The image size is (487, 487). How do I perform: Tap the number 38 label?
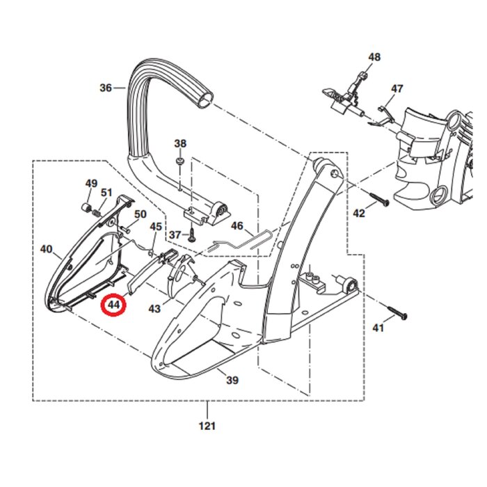point(180,144)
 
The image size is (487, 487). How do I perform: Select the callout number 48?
point(375,58)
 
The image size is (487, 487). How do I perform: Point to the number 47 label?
point(397,89)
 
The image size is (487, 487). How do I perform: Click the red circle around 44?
point(113,304)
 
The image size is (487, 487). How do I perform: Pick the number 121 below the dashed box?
point(208,426)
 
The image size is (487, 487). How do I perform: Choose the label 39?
point(232,380)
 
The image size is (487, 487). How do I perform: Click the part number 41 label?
point(378,328)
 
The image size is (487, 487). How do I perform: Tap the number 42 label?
point(359,214)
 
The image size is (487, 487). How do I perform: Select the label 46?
point(237,226)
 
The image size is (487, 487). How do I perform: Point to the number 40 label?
point(47,249)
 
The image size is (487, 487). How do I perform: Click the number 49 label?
point(91,184)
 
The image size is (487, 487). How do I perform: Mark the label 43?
point(154,308)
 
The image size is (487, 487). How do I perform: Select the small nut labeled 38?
point(179,162)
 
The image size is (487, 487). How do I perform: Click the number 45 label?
point(156,227)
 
